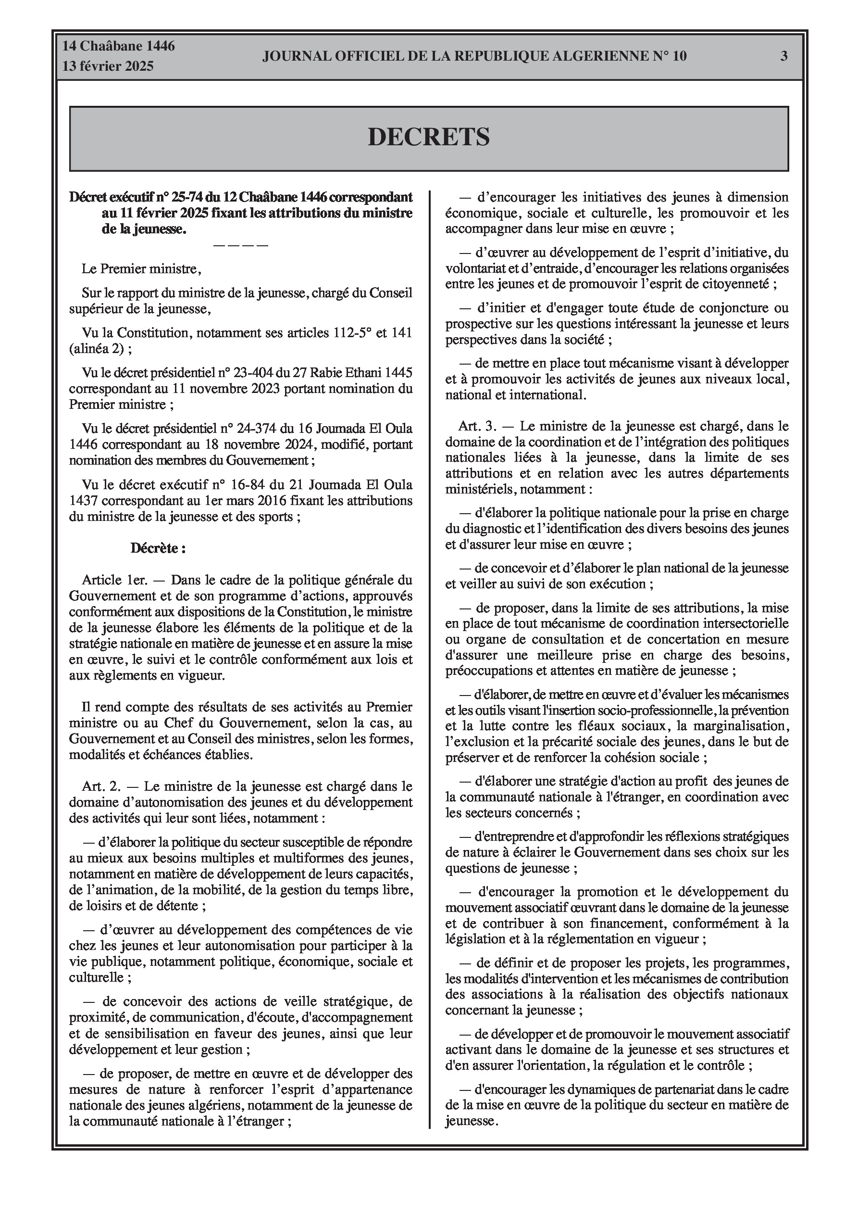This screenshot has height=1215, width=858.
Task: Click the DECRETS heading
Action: coord(428,138)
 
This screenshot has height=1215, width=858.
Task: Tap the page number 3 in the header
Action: coord(783,56)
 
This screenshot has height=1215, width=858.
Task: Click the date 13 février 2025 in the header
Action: coord(108,66)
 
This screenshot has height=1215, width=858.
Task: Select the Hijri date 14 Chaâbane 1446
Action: coord(119,46)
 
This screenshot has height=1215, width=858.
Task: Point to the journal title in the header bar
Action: coord(474,56)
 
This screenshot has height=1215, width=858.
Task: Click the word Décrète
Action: coord(158,548)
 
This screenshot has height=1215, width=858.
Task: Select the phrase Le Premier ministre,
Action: coord(141,269)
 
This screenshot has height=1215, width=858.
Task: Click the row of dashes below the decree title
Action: coord(241,245)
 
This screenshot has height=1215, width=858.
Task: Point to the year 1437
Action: coord(83,501)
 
